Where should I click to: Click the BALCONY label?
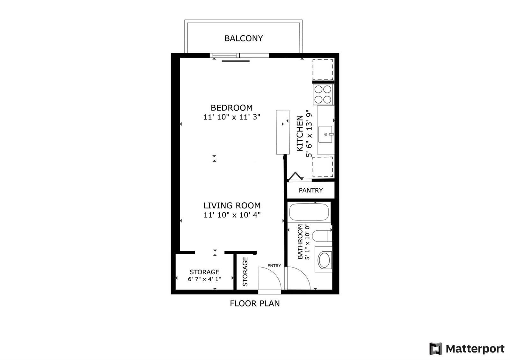244,38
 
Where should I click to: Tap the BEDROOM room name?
231,108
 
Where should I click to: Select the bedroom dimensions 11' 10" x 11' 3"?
231,117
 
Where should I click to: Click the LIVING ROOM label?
232,205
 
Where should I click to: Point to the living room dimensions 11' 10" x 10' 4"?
232,215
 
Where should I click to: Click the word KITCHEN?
300,133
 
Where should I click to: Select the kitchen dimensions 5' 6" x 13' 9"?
309,133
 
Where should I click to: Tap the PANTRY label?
310,190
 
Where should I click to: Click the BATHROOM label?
300,241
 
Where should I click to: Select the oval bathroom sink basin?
324,260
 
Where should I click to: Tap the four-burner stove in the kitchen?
323,94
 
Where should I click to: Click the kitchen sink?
325,134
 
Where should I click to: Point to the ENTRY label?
274,266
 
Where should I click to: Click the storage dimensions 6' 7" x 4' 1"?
204,279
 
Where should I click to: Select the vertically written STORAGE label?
245,272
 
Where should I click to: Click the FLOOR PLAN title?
255,303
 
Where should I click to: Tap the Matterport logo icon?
436,349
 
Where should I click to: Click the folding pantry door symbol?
295,176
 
